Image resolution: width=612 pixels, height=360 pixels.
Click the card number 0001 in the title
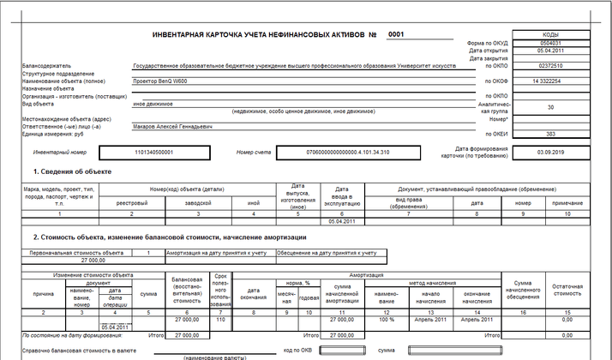(x=395, y=35)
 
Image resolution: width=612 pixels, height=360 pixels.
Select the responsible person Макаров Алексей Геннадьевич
(x=173, y=126)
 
